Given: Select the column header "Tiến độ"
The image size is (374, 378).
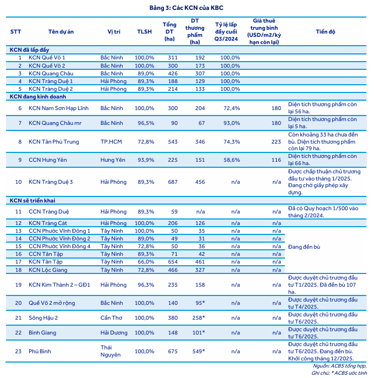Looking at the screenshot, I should click(x=325, y=31).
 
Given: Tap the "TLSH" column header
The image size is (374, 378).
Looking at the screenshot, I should click(x=145, y=31).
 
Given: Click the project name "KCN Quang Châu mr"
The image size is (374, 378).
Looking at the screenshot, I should click(x=54, y=123).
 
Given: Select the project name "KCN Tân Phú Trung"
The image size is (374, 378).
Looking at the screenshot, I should click(x=54, y=141).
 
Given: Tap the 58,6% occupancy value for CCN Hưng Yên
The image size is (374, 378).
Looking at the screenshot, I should click(x=231, y=160).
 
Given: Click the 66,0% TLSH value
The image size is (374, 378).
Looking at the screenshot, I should click(x=145, y=262).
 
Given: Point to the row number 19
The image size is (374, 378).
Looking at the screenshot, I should click(x=19, y=284).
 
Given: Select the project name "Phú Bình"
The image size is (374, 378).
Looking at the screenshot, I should click(x=39, y=351).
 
